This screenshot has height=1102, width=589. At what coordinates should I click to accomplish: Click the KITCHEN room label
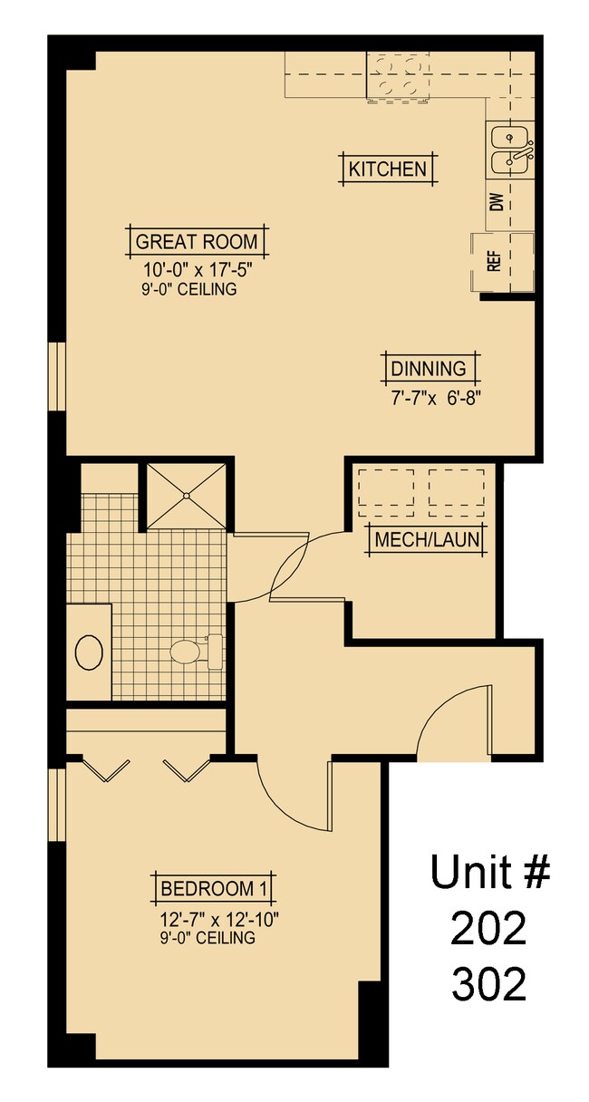pos(387,169)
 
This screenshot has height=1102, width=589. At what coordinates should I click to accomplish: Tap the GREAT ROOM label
pos(197,242)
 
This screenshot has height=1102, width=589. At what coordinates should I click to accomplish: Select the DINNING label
pos(429,369)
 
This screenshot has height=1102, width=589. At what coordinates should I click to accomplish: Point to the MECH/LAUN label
pos(426,541)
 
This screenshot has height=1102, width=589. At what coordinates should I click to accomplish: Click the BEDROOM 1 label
pos(217,887)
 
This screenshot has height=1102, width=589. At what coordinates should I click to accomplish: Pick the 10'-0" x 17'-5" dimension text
pos(197,270)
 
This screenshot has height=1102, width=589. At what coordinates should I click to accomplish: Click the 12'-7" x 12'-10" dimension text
pos(217,919)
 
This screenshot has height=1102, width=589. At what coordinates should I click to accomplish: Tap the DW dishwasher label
pos(497,201)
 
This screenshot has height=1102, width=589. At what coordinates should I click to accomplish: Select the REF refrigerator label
pos(495,262)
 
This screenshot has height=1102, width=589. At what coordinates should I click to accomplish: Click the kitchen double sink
pos(510,150)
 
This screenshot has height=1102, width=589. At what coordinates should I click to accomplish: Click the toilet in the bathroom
pos(190,650)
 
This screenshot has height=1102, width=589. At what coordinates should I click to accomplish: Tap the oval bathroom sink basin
pos(89,652)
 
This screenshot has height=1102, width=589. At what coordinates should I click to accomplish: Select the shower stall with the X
pos(186,496)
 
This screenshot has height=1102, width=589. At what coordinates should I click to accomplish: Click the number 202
pos(488,928)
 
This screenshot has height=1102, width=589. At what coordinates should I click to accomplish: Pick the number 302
pos(488,983)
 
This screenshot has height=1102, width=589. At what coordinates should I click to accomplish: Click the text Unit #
pos(489,872)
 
